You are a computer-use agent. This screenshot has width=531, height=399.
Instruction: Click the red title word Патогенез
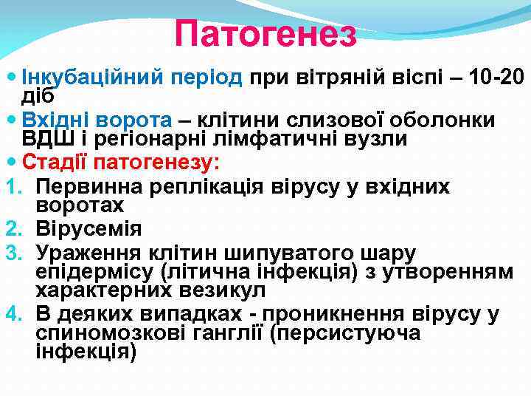pos(265,34)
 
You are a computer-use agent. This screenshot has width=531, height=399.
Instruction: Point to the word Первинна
pos(83,186)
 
